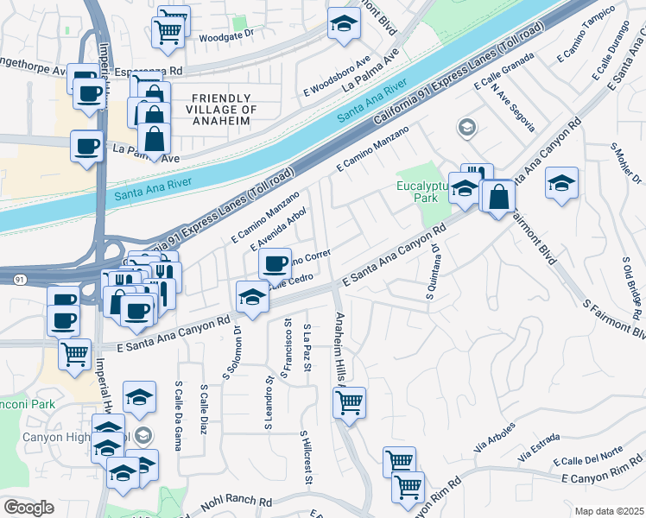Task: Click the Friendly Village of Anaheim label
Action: click(x=212, y=110)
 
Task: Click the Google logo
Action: click(x=29, y=507)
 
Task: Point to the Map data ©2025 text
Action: click(x=609, y=511)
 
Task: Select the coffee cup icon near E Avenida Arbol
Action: click(x=275, y=262)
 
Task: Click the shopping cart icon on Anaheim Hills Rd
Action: click(x=349, y=401)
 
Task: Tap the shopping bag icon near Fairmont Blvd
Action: click(x=498, y=196)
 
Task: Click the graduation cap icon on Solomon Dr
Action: click(x=251, y=296)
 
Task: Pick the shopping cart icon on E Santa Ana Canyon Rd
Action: click(x=75, y=352)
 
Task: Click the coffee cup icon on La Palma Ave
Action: click(x=86, y=146)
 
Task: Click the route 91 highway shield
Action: click(x=19, y=279)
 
